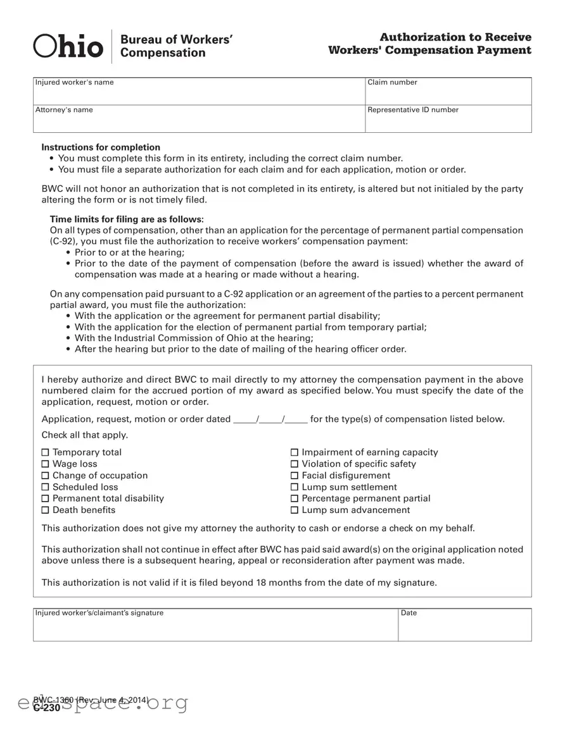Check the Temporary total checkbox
pos(45,452)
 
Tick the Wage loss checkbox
pos(45,464)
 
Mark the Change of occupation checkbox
pos(45,476)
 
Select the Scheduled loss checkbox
pos(45,487)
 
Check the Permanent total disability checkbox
pos(45,498)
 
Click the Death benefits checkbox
pos(45,510)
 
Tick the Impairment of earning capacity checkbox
pos(295,452)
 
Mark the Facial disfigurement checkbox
pos(295,476)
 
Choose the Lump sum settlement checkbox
pos(295,487)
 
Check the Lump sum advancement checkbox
pos(295,510)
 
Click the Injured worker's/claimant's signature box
pos(215,626)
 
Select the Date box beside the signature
pos(464,626)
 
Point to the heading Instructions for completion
pos(101,147)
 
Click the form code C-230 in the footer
pos(47,708)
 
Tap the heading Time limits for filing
pos(127,220)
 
